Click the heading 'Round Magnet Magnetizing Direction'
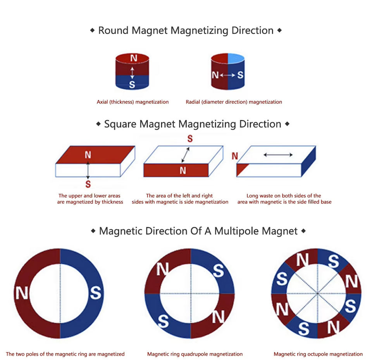tap(186, 30)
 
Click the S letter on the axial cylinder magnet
tap(132, 84)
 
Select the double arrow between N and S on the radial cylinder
tap(227, 75)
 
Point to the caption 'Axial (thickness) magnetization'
tap(133, 102)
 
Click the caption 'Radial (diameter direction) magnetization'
tap(234, 102)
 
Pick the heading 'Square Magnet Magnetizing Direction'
tap(193, 124)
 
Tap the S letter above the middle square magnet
tap(190, 139)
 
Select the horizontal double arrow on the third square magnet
tap(278, 155)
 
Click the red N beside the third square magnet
tap(234, 156)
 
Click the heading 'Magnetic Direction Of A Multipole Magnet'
tap(198, 231)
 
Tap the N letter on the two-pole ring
tap(22, 293)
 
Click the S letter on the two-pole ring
tap(95, 293)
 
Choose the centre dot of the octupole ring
tap(317, 294)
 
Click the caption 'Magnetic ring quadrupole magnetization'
tap(195, 354)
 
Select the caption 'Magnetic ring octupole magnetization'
tap(318, 354)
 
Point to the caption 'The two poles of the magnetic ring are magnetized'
tap(65, 354)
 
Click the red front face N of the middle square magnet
tap(183, 170)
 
